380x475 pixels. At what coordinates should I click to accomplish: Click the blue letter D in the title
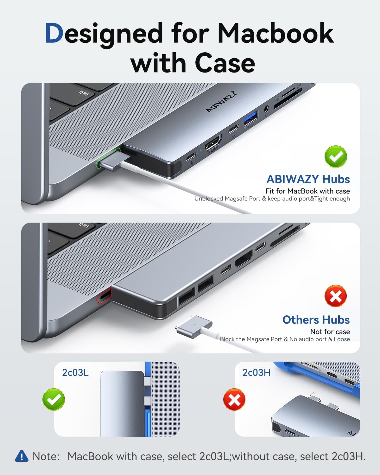(x=54, y=34)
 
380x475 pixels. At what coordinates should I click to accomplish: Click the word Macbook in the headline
(x=275, y=34)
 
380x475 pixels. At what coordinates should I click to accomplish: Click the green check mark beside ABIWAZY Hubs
(x=336, y=156)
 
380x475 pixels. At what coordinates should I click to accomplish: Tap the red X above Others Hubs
(x=336, y=296)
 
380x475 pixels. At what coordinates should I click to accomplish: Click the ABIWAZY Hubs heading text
(x=308, y=179)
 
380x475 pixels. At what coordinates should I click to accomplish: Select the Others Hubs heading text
(x=316, y=320)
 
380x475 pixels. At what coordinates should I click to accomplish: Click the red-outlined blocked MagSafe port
(x=104, y=296)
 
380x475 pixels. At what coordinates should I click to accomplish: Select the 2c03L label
(x=75, y=372)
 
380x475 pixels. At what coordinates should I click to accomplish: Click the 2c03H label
(x=256, y=372)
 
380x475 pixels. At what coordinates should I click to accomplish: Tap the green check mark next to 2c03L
(x=54, y=399)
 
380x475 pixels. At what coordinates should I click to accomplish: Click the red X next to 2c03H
(x=234, y=400)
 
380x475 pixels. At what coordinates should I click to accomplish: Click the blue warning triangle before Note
(x=22, y=456)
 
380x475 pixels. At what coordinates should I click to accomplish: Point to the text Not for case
(x=330, y=332)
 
